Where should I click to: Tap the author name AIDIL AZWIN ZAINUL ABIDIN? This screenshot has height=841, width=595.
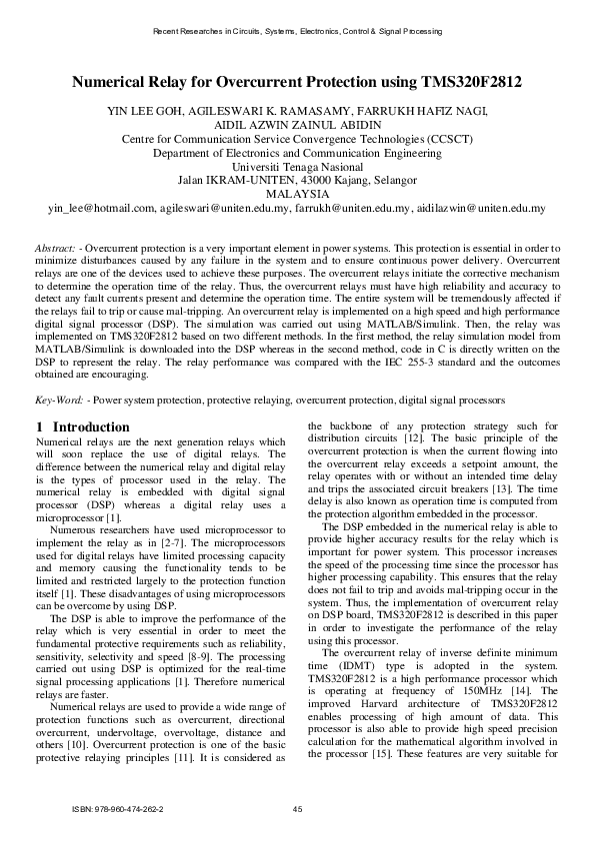point(297,125)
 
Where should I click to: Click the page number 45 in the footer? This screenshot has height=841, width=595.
point(297,808)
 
